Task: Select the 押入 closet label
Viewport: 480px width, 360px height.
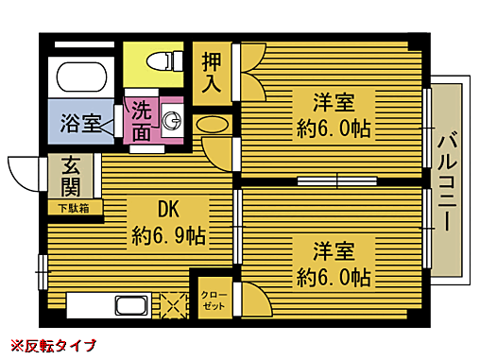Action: coord(213,72)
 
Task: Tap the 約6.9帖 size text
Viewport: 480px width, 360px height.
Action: coord(169,233)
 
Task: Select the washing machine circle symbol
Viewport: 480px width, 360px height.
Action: coord(172,119)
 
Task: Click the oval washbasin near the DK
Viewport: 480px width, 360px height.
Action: coord(213,124)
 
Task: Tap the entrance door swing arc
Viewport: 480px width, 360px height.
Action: coord(19,174)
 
